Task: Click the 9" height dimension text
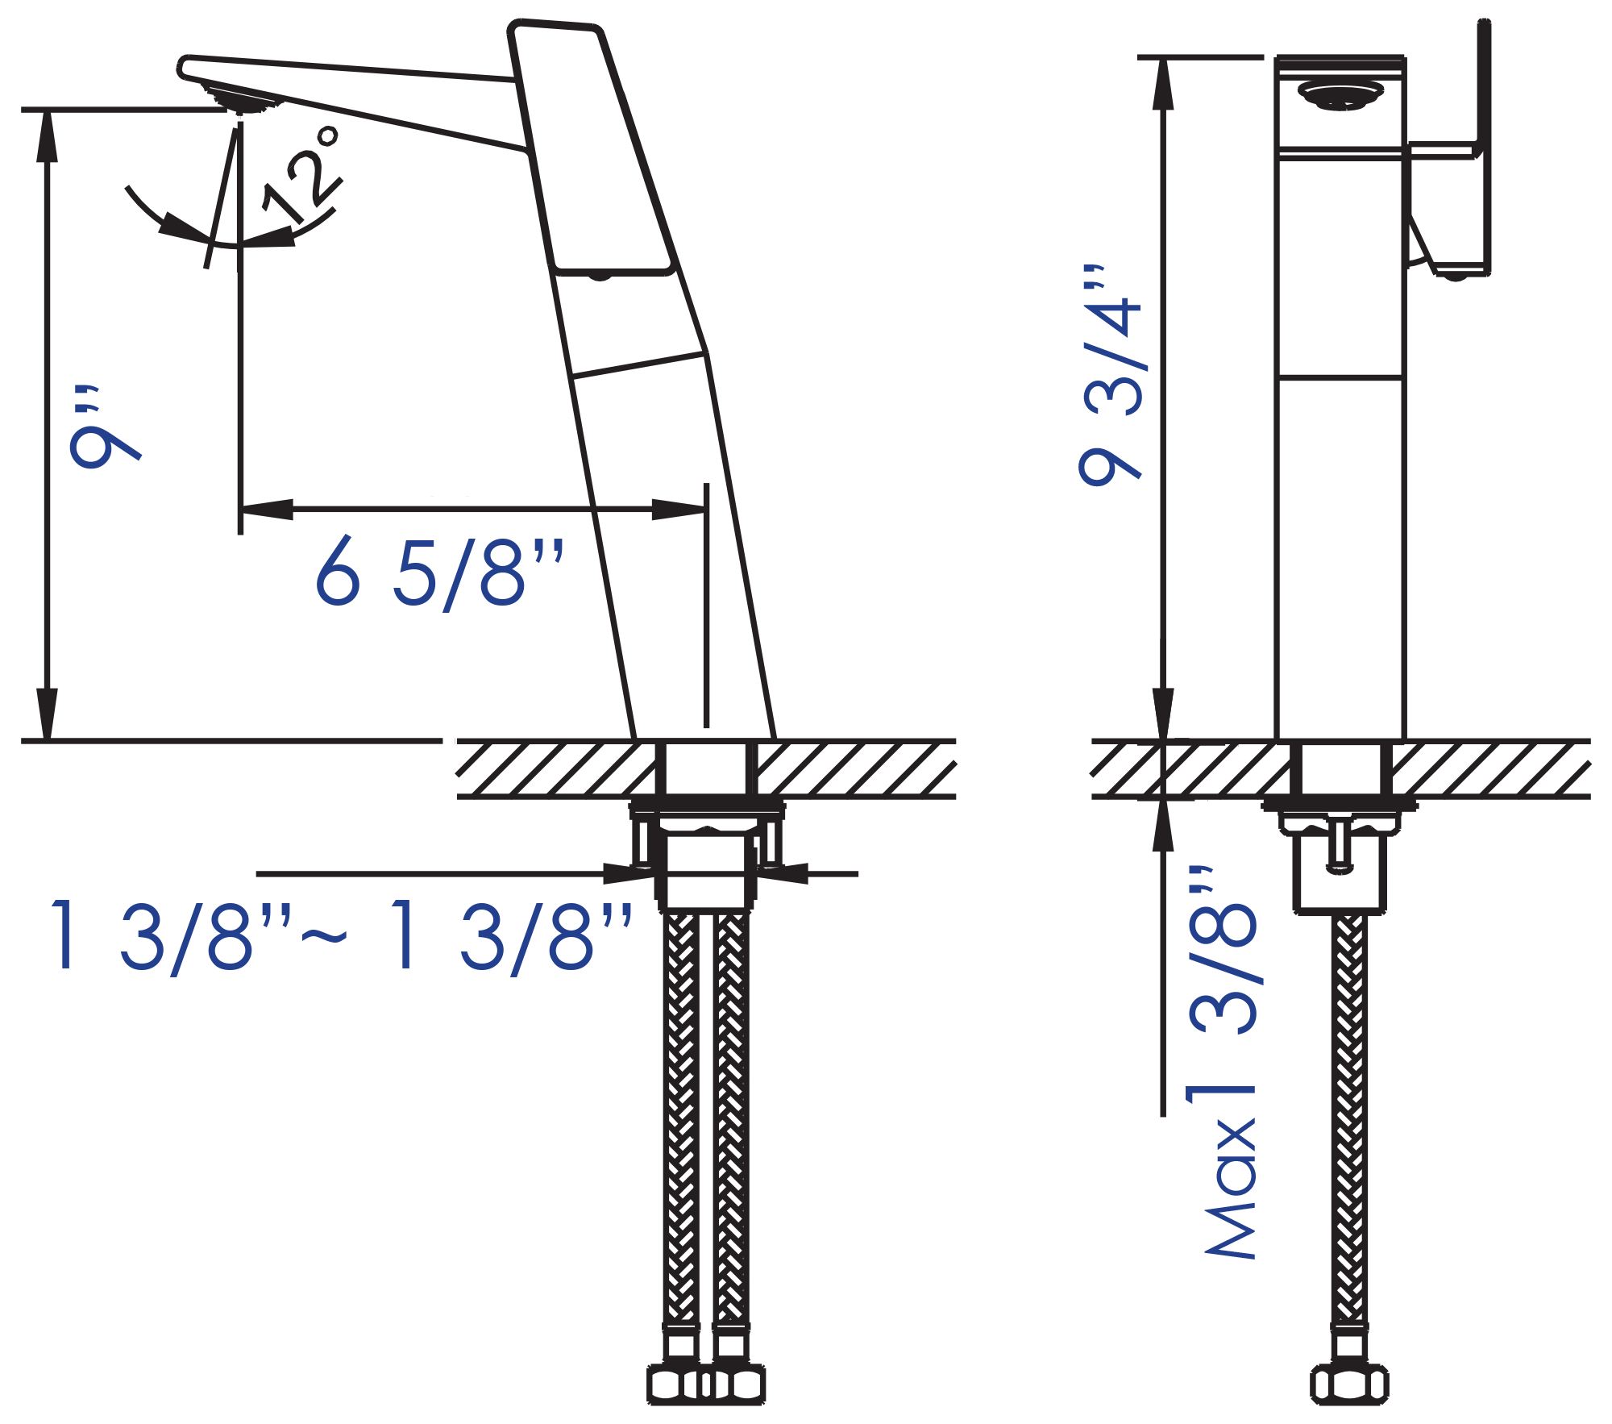point(105,428)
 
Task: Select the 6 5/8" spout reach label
point(440,573)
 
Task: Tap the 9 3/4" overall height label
point(1111,376)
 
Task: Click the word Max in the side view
point(1231,1189)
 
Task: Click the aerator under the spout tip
point(242,102)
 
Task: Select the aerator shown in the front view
point(1340,95)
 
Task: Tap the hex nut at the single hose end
point(1349,1385)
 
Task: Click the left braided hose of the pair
point(682,1121)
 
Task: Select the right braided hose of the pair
point(731,1121)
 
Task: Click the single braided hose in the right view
point(1349,1121)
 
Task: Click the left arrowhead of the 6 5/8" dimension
point(266,510)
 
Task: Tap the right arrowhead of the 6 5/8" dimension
point(679,510)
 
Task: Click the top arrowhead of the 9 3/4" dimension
point(1162,84)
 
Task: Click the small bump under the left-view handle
point(600,277)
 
